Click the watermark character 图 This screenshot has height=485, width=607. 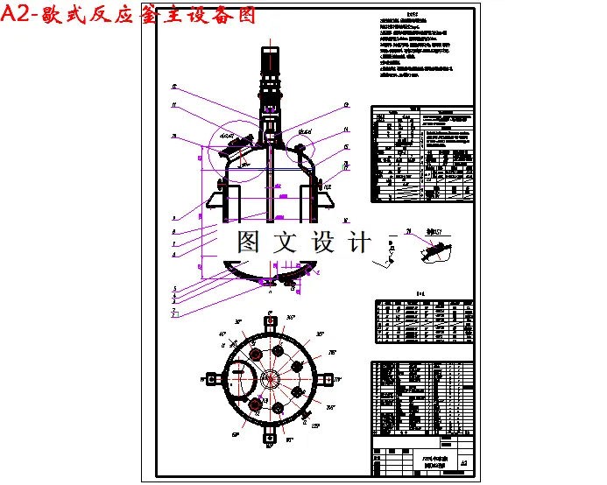click(x=248, y=241)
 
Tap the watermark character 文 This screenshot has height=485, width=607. click(x=286, y=241)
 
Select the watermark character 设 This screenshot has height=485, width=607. click(x=322, y=241)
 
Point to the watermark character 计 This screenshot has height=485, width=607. click(x=359, y=241)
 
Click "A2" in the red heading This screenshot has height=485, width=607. click(x=17, y=15)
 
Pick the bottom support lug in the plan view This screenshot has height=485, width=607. click(x=270, y=438)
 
